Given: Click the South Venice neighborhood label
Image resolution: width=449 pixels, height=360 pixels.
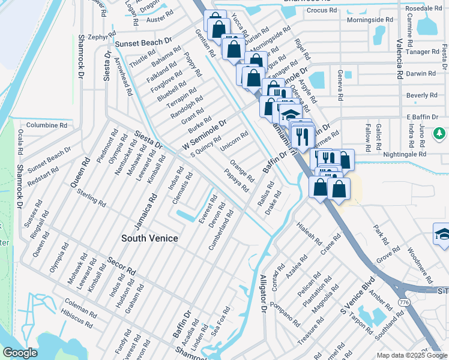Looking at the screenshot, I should pyautogui.click(x=149, y=238).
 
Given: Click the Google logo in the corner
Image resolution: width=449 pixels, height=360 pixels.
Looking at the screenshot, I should pyautogui.click(x=20, y=352).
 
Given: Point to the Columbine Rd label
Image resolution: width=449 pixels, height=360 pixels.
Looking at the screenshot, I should pyautogui.click(x=47, y=125).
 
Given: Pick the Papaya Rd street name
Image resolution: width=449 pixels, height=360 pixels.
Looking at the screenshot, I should pyautogui.click(x=237, y=180).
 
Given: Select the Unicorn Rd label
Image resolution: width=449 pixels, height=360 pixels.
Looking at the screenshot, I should pyautogui.click(x=234, y=142).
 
